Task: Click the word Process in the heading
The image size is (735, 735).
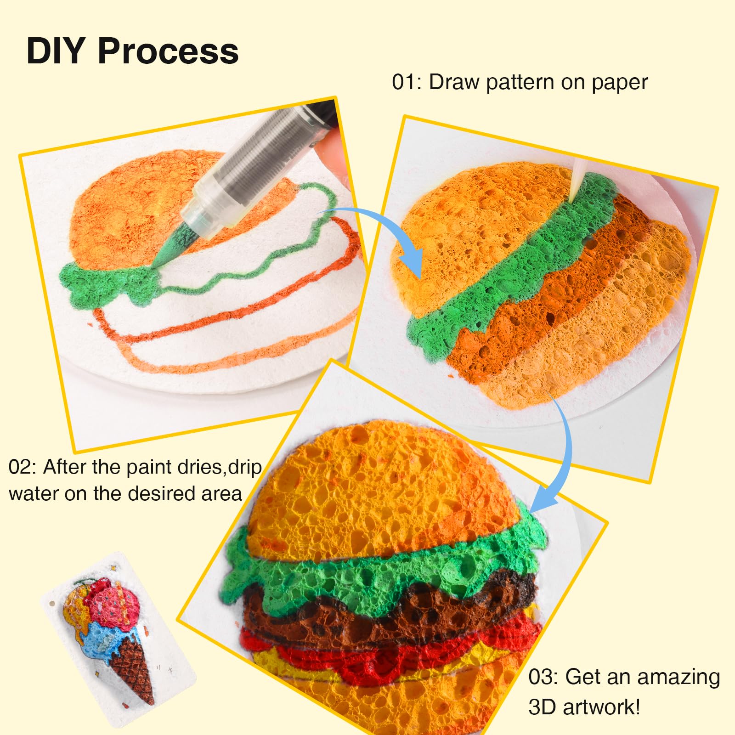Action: coord(168,51)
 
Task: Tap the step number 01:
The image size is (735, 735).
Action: coord(407,82)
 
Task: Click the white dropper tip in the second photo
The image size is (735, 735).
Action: coord(577,184)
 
